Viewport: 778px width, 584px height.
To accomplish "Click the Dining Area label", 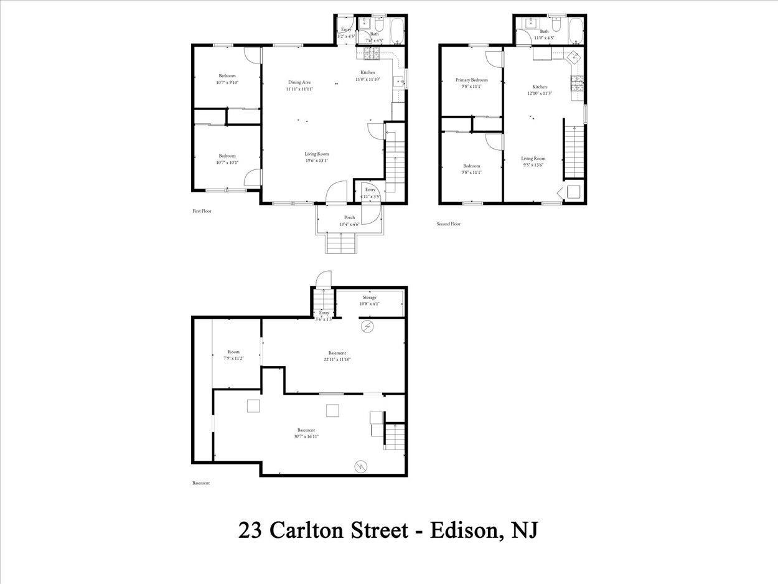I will click(x=299, y=82).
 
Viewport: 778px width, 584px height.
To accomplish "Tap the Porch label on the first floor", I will click(x=349, y=218).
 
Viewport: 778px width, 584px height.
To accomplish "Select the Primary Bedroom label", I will click(x=471, y=80).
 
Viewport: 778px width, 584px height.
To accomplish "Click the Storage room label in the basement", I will click(x=370, y=298).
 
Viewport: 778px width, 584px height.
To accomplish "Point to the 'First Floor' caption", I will click(x=202, y=211).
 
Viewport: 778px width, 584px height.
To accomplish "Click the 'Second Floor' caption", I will click(x=448, y=224).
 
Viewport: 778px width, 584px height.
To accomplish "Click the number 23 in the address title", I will click(x=250, y=530).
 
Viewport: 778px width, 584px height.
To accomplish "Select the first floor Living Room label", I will click(x=316, y=154).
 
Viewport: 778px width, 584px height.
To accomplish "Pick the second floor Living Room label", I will click(x=533, y=159).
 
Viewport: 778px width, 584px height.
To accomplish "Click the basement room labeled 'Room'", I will click(x=233, y=352).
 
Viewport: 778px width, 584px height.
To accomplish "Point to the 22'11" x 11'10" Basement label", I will click(x=337, y=353).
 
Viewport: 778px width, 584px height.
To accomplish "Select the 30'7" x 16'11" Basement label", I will click(x=306, y=430).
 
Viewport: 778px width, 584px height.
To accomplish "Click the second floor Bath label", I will click(x=545, y=31).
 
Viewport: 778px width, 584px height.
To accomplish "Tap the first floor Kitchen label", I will click(x=368, y=72).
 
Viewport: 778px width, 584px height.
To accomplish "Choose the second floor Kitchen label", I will click(x=540, y=87).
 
